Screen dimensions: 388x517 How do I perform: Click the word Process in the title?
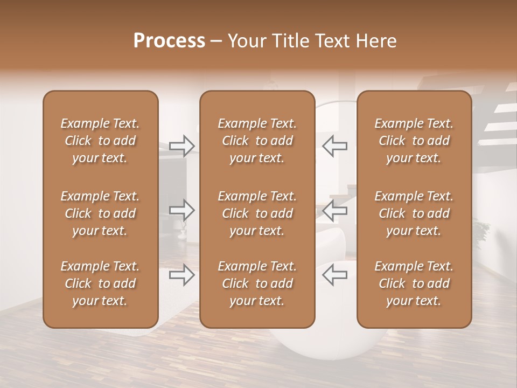pos(169,41)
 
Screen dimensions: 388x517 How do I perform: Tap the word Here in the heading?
pos(375,41)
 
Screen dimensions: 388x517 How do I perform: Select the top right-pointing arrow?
pos(182,145)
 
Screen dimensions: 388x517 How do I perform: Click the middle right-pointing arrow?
pos(182,210)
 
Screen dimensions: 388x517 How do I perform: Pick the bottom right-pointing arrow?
pos(182,275)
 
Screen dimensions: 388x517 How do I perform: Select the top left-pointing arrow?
pos(335,145)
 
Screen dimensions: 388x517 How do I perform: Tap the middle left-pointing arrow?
pos(335,210)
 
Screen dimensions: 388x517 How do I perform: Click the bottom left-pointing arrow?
pos(335,275)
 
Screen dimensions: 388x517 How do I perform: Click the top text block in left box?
pos(100,141)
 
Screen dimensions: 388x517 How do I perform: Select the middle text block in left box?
pos(100,213)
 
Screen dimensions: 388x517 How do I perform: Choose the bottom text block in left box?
pos(100,283)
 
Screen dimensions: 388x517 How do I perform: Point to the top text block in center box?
pos(257,141)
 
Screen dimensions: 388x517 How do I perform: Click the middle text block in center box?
pos(257,213)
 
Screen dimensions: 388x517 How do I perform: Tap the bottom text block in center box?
pos(257,283)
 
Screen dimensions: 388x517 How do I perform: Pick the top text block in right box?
pos(414,141)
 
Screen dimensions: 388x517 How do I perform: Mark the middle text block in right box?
pos(414,213)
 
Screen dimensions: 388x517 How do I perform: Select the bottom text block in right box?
pos(414,283)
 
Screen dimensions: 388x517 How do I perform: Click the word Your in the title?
pos(245,41)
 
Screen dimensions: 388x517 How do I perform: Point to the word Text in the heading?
pos(331,41)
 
